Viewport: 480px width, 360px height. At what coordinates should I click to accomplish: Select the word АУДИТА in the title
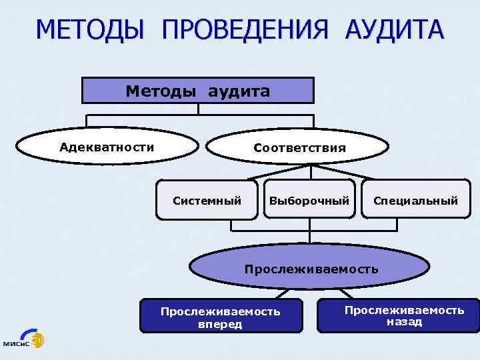point(393,31)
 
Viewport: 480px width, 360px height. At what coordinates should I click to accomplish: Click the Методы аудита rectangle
point(197,91)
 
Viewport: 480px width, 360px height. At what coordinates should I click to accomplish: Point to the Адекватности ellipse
point(107,147)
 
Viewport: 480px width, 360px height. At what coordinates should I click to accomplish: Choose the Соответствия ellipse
point(299,147)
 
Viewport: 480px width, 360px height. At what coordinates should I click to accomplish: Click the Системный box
point(207,200)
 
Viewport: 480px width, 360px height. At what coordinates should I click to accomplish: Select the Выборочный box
point(309,200)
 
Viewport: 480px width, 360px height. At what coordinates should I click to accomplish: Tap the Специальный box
point(415,200)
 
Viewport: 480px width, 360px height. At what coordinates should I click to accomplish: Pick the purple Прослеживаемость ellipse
point(310,269)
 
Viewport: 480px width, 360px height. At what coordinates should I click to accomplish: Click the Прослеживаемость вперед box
point(221,317)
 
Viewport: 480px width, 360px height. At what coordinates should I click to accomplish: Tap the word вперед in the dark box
point(220,325)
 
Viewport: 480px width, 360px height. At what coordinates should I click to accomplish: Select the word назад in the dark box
point(404,322)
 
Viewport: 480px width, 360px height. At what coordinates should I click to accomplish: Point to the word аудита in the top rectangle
point(239,91)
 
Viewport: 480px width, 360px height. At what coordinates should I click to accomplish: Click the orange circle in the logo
point(37,337)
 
